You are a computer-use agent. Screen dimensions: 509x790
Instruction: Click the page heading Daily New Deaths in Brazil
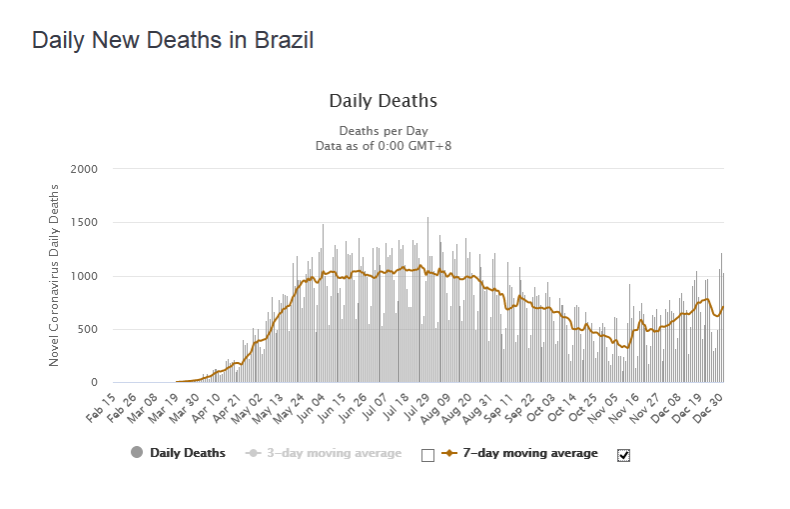(173, 41)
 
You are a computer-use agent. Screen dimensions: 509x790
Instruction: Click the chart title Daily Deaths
(383, 101)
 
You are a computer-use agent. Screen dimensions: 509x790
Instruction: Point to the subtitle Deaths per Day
(383, 131)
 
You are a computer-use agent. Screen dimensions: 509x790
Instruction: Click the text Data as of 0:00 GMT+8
(383, 145)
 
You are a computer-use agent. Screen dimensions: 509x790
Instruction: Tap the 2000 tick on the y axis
(84, 169)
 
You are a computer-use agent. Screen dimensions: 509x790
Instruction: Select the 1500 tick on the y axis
(84, 223)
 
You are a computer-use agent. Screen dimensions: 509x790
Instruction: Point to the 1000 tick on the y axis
(84, 276)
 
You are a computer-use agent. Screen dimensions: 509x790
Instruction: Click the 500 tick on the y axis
(88, 329)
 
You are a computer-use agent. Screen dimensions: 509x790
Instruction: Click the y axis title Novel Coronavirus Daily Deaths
(55, 275)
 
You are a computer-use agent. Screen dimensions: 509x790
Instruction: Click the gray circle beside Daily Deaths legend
(137, 453)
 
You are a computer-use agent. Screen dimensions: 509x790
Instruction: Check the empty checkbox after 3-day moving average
(427, 455)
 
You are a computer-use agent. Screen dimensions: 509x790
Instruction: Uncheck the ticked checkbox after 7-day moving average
(623, 455)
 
